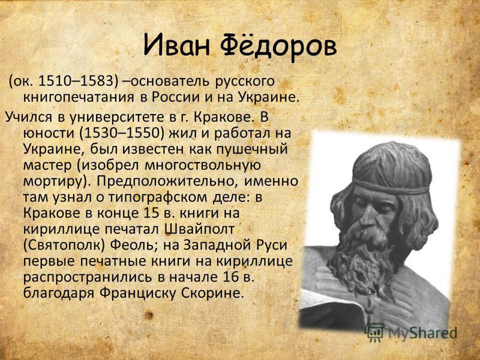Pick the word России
(x=175, y=97)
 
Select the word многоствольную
(x=203, y=166)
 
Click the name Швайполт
(x=200, y=230)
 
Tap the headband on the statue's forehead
(x=391, y=187)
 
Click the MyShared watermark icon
(x=376, y=333)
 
